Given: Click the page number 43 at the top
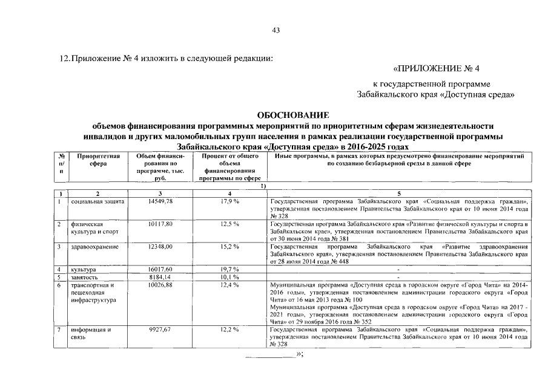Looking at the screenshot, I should click(x=276, y=31).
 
